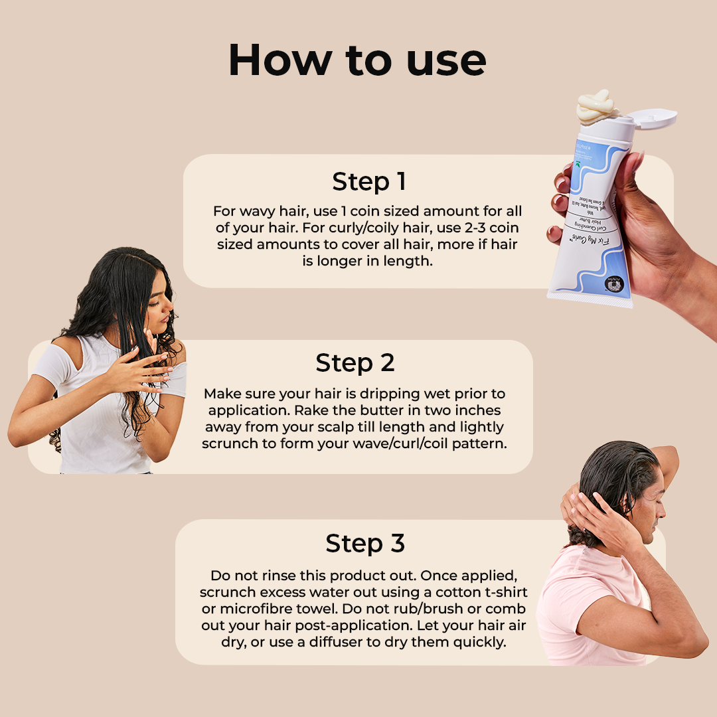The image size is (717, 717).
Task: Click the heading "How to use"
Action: (x=357, y=60)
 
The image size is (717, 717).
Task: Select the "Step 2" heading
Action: (x=355, y=363)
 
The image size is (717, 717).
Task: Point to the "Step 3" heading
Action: (x=364, y=544)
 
